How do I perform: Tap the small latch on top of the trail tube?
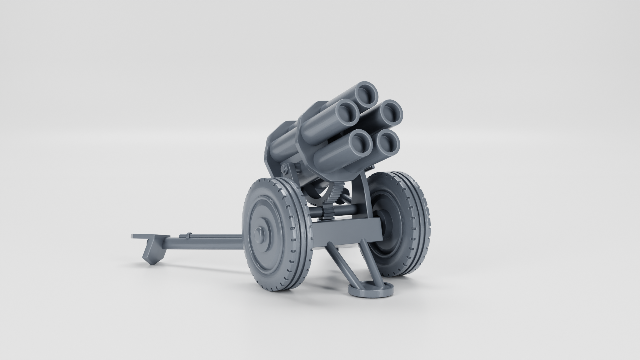tap(189, 235)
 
